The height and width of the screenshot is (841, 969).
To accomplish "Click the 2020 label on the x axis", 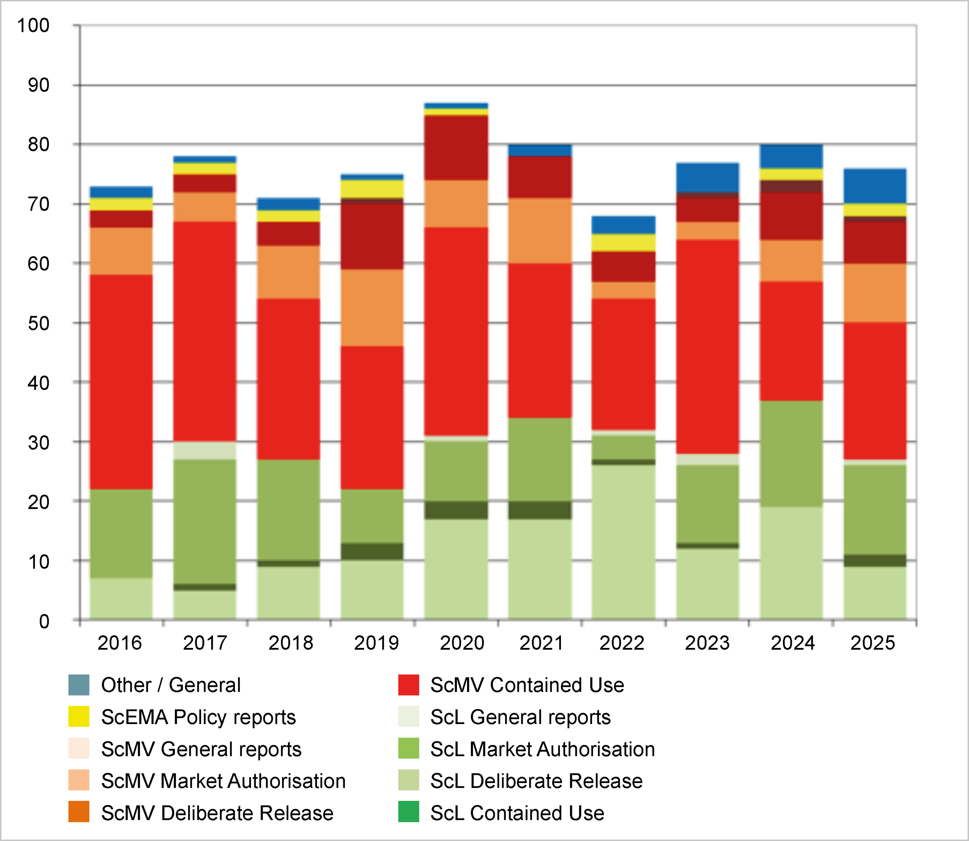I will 461,642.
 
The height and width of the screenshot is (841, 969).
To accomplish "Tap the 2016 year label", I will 119,642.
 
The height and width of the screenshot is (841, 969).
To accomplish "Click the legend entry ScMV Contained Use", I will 527,685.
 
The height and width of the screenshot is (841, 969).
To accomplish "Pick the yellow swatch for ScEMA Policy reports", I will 79,716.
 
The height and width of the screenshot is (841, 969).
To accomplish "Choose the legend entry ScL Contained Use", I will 517,813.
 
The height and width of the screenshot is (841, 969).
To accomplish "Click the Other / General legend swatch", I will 79,685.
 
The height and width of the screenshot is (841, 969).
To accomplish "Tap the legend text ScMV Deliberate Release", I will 217,813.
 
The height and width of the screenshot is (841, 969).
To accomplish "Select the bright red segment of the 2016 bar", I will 121,382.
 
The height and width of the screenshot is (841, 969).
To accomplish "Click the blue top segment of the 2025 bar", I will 875,186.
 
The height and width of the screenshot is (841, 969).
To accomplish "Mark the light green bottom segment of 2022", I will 623,542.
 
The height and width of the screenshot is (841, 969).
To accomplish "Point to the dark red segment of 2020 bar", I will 456,148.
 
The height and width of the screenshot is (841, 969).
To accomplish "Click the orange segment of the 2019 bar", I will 372,308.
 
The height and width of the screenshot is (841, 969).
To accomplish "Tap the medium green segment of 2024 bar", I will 791,453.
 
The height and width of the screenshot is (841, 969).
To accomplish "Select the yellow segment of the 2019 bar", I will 372,188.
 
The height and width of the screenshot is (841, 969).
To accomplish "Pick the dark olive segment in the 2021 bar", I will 540,510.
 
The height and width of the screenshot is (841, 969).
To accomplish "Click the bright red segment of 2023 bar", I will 707,346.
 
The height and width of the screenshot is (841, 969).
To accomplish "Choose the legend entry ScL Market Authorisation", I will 542,749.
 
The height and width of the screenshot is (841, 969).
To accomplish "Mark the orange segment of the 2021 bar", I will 540,230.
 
